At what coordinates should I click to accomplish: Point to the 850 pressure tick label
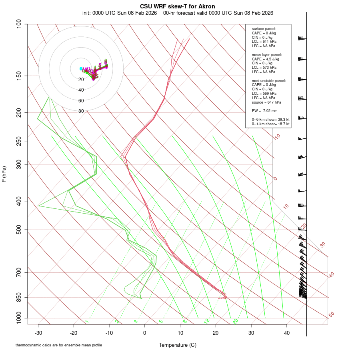pyautogui.click(x=19, y=298)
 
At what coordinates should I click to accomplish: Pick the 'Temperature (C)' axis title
pyautogui.click(x=177, y=345)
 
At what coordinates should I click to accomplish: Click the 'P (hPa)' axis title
pyautogui.click(x=4, y=174)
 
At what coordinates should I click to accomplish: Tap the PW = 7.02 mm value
pyautogui.click(x=264, y=110)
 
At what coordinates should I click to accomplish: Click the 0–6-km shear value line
pyautogui.click(x=270, y=119)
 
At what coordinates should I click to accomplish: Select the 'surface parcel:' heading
pyautogui.click(x=264, y=29)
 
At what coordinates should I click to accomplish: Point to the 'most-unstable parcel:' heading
pyautogui.click(x=268, y=80)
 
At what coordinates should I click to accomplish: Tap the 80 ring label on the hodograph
pyautogui.click(x=81, y=111)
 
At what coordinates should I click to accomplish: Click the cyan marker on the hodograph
pyautogui.click(x=81, y=68)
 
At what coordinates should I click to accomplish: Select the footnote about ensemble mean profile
pyautogui.click(x=58, y=345)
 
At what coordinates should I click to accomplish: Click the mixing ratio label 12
pyautogui.click(x=206, y=321)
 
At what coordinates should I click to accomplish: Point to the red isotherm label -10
pyautogui.click(x=277, y=137)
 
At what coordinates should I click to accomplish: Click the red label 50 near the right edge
pyautogui.click(x=331, y=315)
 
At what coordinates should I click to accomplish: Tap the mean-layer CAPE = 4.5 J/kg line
pyautogui.click(x=265, y=59)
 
